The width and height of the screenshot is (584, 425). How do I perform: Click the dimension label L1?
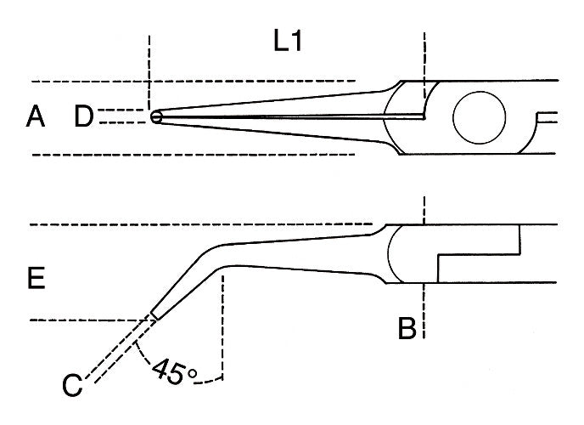(289, 43)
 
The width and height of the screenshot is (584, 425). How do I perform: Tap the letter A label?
(35, 117)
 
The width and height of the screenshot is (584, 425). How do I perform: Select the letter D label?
(84, 117)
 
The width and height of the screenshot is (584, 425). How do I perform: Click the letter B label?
(407, 327)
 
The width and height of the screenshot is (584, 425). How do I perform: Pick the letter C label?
(72, 385)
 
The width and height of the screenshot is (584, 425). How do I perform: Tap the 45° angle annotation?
(174, 371)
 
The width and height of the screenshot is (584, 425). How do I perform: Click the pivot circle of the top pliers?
(481, 117)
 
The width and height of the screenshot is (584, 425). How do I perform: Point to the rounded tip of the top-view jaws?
(155, 117)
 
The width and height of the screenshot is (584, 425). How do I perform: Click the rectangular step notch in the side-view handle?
(480, 255)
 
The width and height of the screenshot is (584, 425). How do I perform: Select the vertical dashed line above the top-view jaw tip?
(149, 68)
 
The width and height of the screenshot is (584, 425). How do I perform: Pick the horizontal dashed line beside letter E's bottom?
(85, 320)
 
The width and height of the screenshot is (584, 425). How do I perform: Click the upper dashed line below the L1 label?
(195, 81)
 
